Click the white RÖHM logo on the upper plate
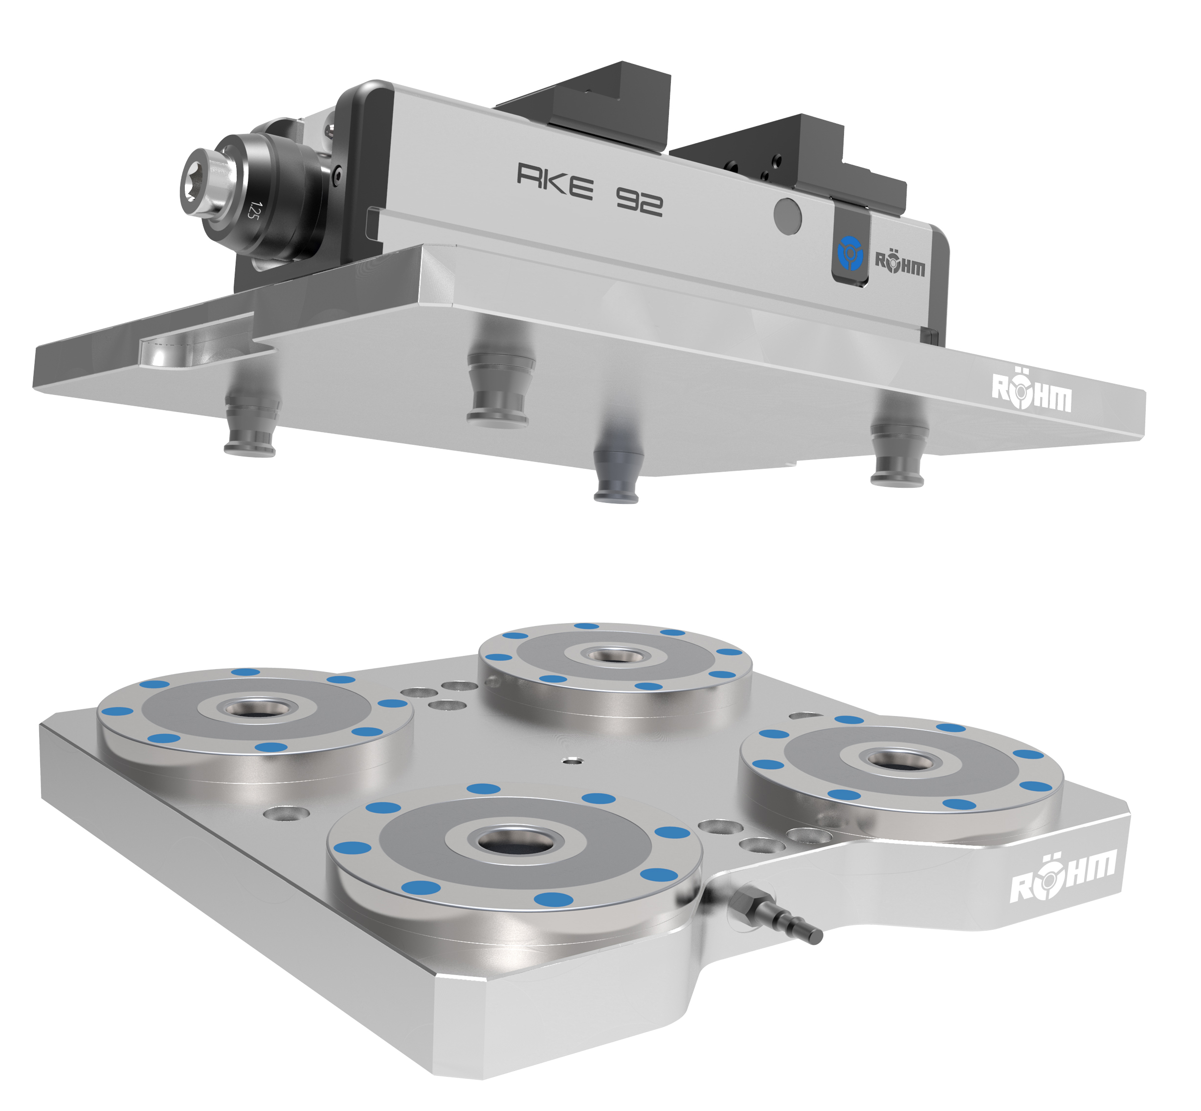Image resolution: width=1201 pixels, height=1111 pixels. (x=1031, y=392)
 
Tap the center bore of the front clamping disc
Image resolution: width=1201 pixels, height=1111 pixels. (x=515, y=842)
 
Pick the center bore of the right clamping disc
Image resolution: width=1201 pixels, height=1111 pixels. (x=900, y=761)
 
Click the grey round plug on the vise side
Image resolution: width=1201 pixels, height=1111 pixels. (x=787, y=215)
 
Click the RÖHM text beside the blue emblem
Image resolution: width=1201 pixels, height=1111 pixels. (x=899, y=263)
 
